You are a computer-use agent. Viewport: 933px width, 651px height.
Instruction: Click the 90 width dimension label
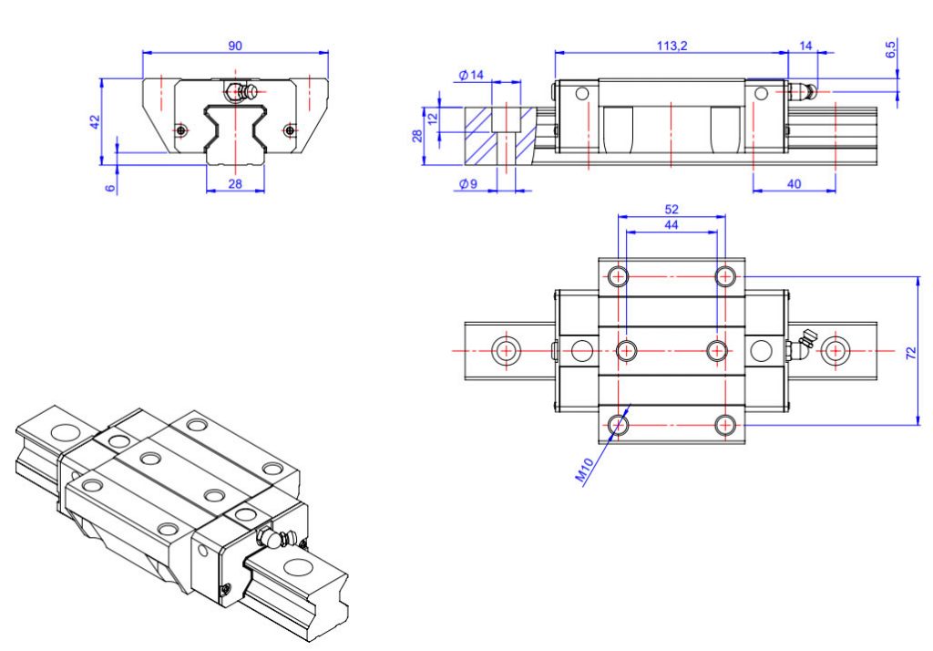pyautogui.click(x=235, y=46)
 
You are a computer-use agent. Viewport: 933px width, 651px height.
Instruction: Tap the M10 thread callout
pyautogui.click(x=584, y=470)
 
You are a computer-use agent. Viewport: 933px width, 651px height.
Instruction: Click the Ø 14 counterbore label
pyautogui.click(x=471, y=76)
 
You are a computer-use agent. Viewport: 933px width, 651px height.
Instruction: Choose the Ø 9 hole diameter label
pyautogui.click(x=469, y=184)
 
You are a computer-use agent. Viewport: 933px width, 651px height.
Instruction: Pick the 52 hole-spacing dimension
pyautogui.click(x=672, y=209)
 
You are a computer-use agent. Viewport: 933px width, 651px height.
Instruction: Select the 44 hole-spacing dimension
pyautogui.click(x=672, y=224)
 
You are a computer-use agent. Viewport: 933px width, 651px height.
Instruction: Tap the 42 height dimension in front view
pyautogui.click(x=95, y=121)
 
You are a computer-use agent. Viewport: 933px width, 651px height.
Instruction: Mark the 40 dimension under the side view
pyautogui.click(x=794, y=183)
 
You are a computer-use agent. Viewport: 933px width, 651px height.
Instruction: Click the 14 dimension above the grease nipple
pyautogui.click(x=805, y=46)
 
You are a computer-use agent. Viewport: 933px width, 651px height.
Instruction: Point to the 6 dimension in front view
pyautogui.click(x=110, y=188)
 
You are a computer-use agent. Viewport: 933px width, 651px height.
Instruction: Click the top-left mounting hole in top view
pyautogui.click(x=619, y=275)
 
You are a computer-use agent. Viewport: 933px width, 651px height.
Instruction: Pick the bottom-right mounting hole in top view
pyautogui.click(x=725, y=424)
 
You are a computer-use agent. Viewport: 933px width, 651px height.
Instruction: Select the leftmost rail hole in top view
pyautogui.click(x=504, y=350)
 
